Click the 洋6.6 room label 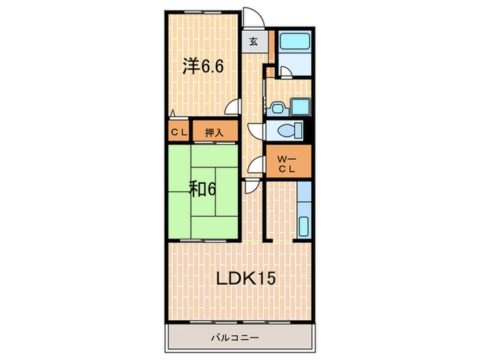tap(202, 66)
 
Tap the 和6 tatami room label tap(202, 189)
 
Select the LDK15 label tap(246, 279)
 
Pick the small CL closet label tap(178, 132)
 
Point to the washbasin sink tap(278, 106)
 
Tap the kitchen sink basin tap(304, 224)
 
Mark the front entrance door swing tap(253, 17)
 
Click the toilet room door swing tap(256, 132)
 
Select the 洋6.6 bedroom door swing tap(236, 106)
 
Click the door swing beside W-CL tap(257, 165)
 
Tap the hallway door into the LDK tap(252, 185)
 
